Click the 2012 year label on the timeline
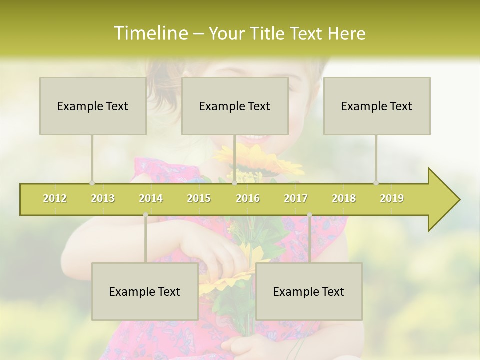pyautogui.click(x=55, y=198)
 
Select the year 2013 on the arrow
pyautogui.click(x=103, y=198)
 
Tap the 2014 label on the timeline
pyautogui.click(x=151, y=198)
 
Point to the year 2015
pyautogui.click(x=199, y=198)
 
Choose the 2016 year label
pyautogui.click(x=248, y=198)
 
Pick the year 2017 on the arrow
pyautogui.click(x=296, y=198)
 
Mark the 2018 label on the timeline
pyautogui.click(x=344, y=198)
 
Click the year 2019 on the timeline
pyautogui.click(x=392, y=198)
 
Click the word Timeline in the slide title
pyautogui.click(x=149, y=33)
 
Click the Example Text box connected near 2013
pyautogui.click(x=93, y=106)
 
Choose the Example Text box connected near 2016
pyautogui.click(x=235, y=106)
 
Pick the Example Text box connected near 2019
pyautogui.click(x=377, y=106)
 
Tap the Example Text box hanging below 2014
pyautogui.click(x=145, y=291)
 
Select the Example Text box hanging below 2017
pyautogui.click(x=309, y=291)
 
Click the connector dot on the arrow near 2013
pyautogui.click(x=92, y=183)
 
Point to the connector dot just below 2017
pyautogui.click(x=309, y=215)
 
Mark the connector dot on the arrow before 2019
pyautogui.click(x=376, y=183)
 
